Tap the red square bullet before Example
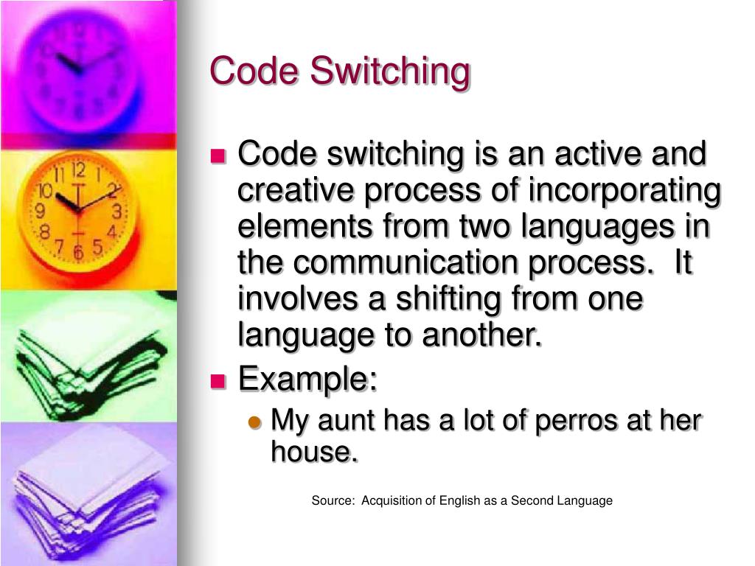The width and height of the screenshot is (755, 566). tap(218, 381)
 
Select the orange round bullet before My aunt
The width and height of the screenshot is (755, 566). tap(254, 422)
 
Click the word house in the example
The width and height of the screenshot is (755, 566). tap(314, 452)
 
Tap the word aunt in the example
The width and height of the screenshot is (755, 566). tap(347, 422)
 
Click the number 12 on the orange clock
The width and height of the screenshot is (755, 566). tap(79, 172)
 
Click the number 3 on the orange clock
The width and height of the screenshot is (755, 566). tap(116, 212)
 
